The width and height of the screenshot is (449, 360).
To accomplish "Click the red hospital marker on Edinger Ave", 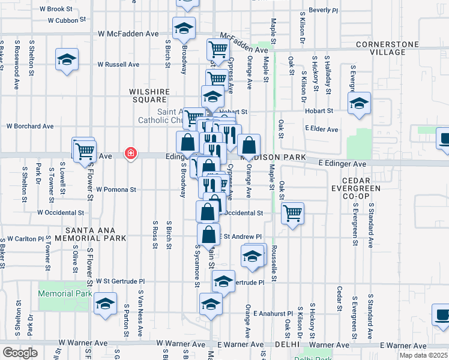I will click(130, 154).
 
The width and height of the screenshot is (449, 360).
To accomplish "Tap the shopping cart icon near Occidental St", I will click(292, 212).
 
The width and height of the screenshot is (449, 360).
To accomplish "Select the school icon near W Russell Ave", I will click(67, 59).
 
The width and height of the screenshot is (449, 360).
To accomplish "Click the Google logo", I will click(19, 353).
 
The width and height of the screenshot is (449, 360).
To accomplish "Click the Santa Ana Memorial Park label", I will click(97, 233).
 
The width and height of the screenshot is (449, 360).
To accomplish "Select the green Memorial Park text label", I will click(65, 293).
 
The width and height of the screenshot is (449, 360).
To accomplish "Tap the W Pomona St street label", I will click(116, 189).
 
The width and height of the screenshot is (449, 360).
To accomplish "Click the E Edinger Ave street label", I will click(342, 164).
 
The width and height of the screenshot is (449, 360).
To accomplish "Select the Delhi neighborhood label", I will click(286, 345).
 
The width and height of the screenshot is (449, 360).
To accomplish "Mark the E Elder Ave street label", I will click(321, 129).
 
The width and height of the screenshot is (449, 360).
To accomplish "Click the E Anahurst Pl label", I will click(273, 313).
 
